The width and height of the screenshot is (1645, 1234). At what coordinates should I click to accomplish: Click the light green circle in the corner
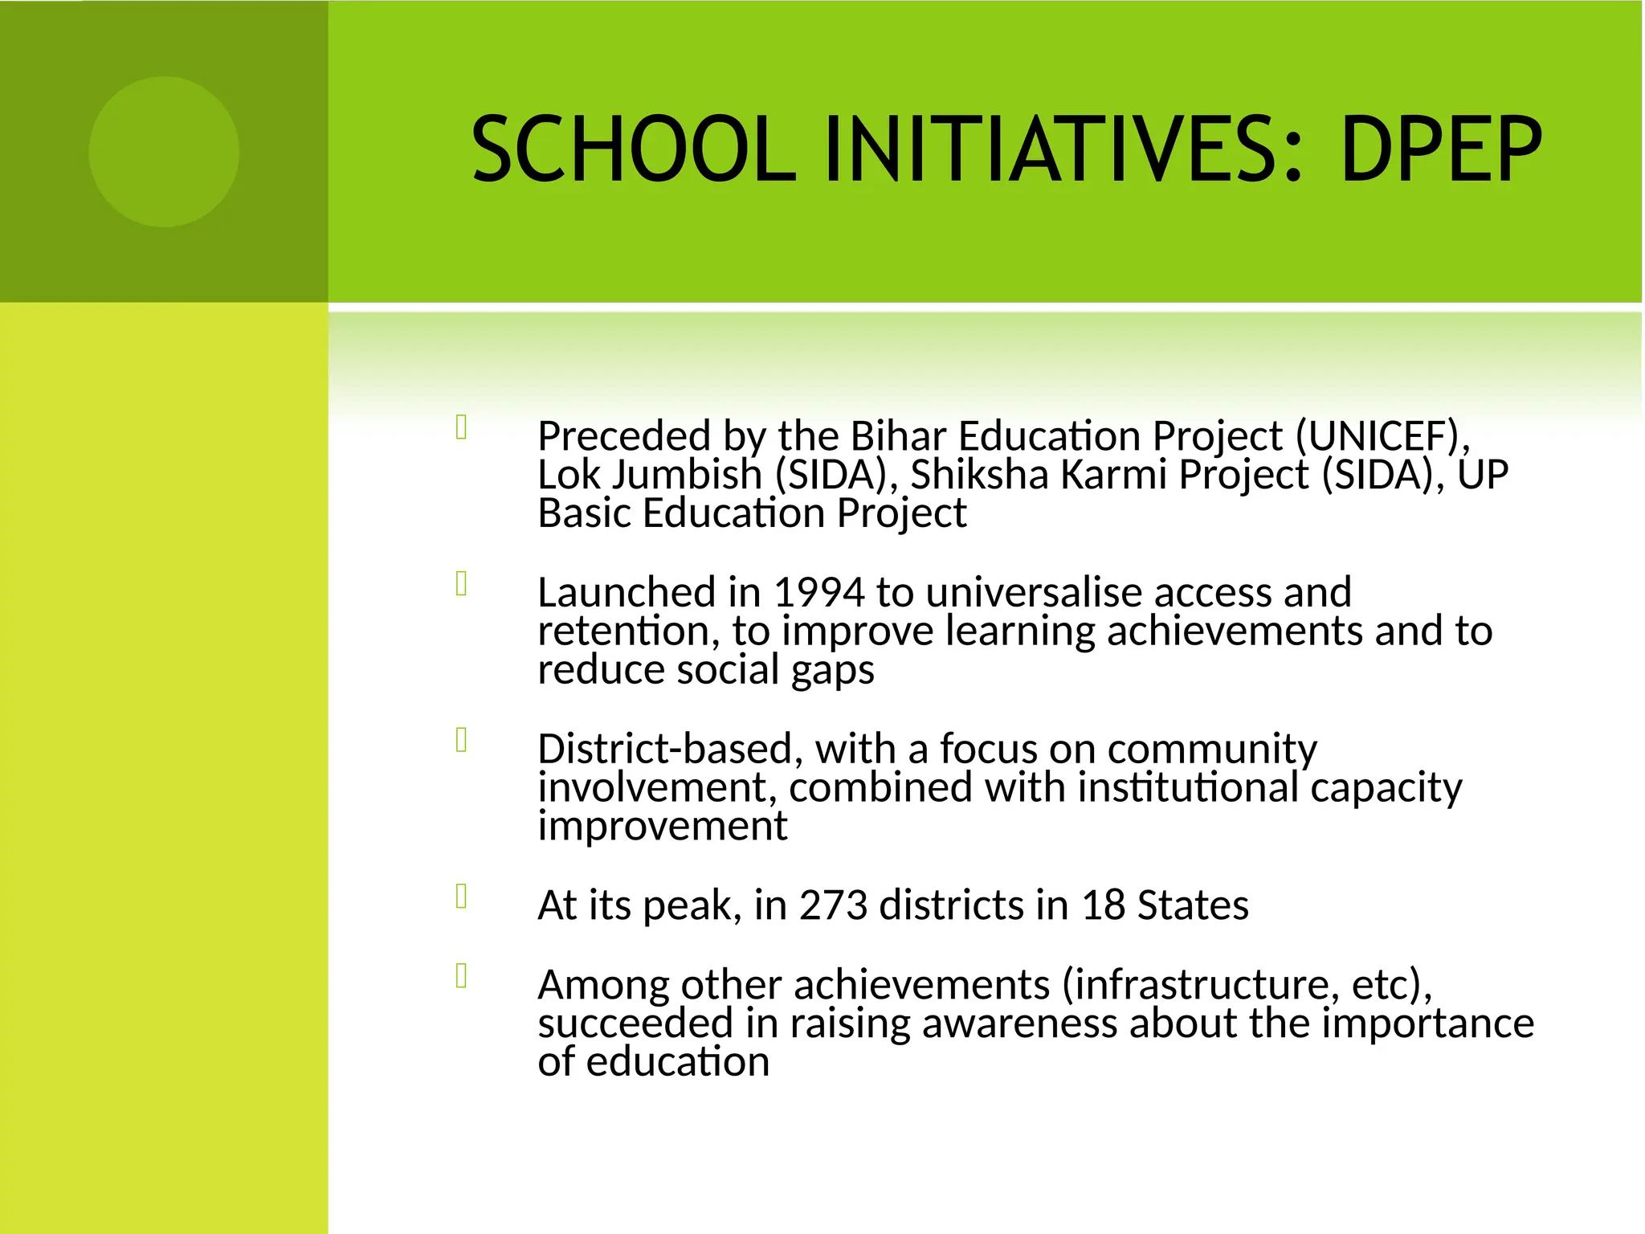click(164, 152)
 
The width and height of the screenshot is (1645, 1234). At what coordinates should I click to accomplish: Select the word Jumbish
click(686, 475)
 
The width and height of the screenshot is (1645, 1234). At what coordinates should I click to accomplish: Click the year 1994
click(818, 593)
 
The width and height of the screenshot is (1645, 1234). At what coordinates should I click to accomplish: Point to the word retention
click(623, 631)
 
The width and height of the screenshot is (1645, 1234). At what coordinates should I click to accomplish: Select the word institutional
click(1188, 787)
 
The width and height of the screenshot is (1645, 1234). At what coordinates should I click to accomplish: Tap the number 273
click(833, 905)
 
